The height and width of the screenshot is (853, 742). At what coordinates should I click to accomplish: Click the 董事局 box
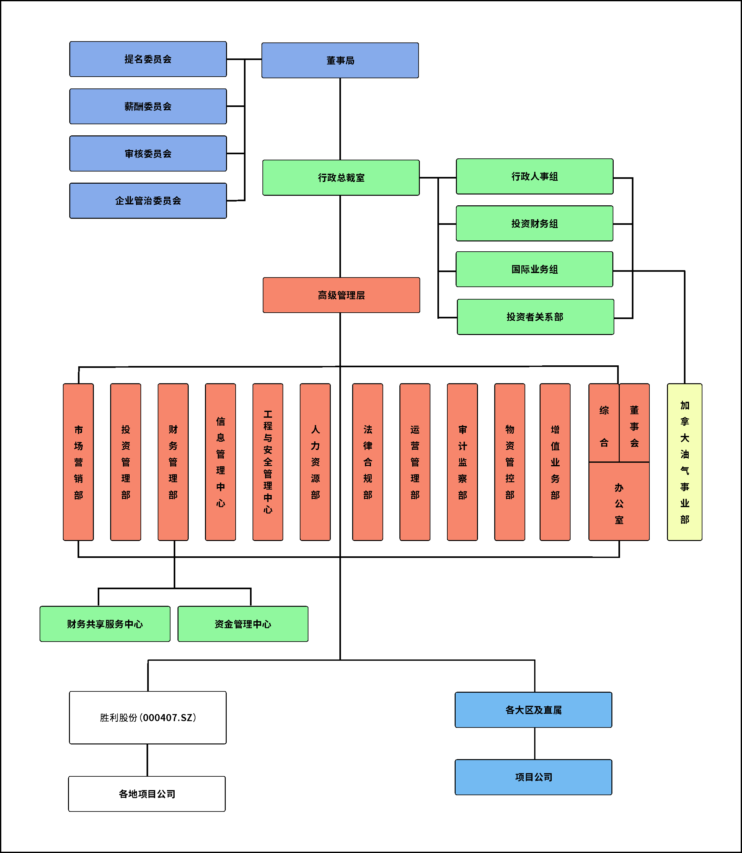[340, 60]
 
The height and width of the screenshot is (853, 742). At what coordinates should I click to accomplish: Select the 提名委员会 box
[148, 59]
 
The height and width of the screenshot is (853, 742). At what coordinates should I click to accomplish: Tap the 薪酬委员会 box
[148, 106]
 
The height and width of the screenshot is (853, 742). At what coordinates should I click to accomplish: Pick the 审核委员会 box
[148, 154]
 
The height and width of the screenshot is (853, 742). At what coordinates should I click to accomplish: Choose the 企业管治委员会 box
[148, 201]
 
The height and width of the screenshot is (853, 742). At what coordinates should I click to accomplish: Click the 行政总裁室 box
[341, 178]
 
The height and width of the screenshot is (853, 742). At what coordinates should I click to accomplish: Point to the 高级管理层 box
[341, 295]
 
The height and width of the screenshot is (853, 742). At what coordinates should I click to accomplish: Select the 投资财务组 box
[534, 224]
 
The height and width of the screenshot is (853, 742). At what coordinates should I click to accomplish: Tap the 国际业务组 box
[534, 269]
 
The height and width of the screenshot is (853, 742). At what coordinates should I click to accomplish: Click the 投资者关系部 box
[535, 317]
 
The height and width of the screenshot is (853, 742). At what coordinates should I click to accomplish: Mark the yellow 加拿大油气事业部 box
[685, 462]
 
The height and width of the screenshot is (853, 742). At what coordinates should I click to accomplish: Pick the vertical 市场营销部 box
[78, 462]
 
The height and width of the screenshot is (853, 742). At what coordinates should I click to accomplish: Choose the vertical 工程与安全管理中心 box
[268, 462]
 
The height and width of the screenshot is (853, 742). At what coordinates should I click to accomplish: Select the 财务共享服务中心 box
[105, 624]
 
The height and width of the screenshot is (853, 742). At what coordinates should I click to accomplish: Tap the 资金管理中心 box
[243, 624]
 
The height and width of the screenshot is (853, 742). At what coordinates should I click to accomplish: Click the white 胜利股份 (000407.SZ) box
[148, 718]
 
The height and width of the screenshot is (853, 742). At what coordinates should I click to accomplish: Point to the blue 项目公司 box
[533, 777]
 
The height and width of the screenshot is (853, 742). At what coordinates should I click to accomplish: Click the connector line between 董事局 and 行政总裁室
[340, 119]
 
